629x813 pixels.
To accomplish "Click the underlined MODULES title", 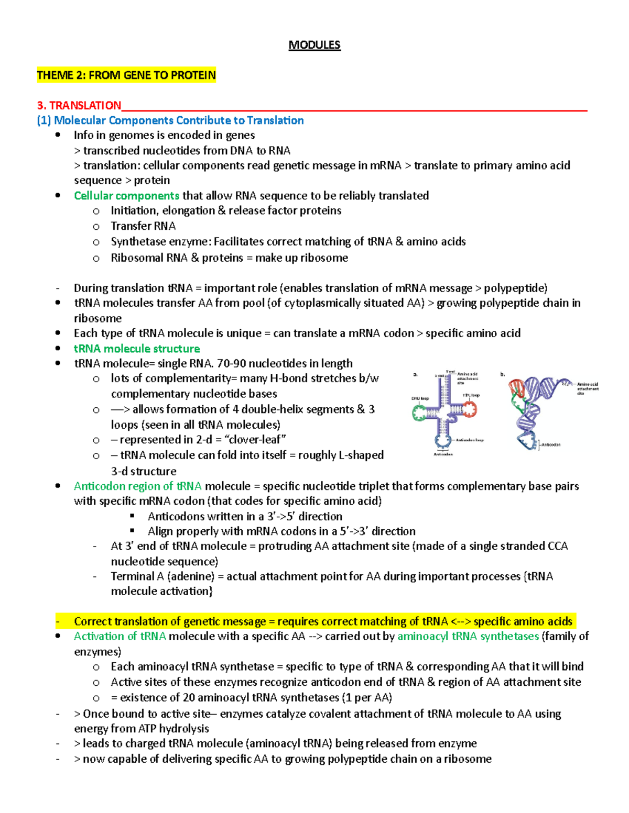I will coord(314,45).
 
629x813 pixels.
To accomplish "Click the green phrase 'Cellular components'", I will coord(126,195).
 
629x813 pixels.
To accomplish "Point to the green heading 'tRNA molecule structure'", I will coord(137,348).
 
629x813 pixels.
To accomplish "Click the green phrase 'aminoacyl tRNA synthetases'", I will coord(468,636).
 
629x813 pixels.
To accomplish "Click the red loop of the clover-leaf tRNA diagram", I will coord(469,409).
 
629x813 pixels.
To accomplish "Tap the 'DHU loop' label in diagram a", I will coord(420,398).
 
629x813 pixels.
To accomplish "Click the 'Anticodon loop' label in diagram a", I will coord(470,440).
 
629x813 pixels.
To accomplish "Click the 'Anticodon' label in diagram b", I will coord(550,444).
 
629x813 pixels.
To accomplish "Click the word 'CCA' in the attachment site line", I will coord(557,546).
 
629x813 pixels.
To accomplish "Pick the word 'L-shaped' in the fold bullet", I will coord(362,455).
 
